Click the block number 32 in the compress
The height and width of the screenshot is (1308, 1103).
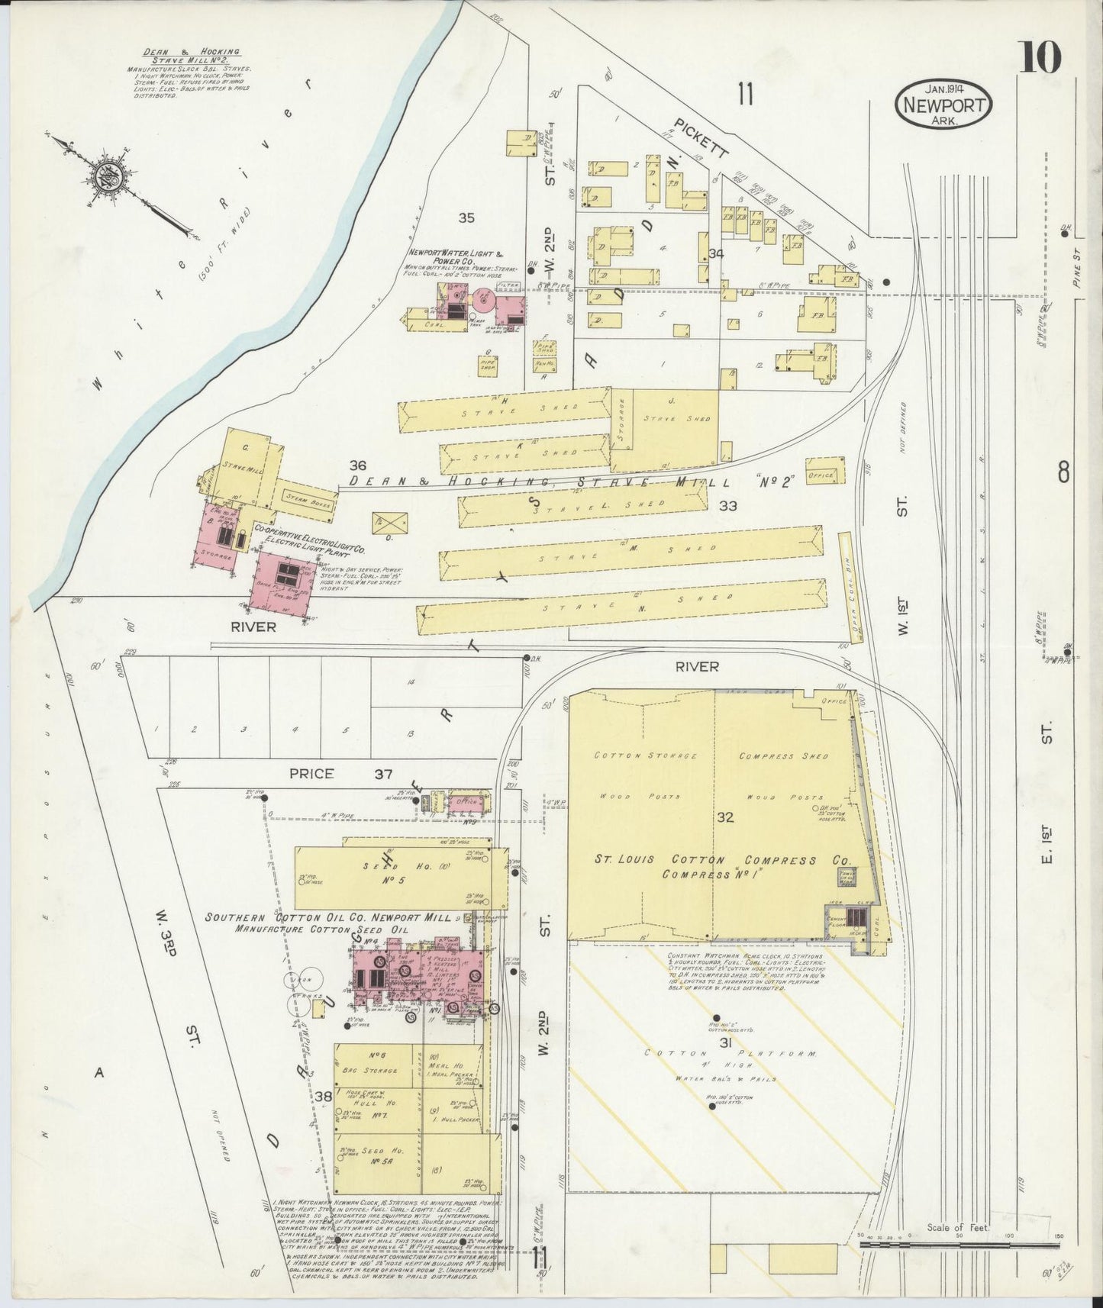(724, 818)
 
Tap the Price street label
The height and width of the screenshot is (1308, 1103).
(311, 773)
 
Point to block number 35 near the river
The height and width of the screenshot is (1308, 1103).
(466, 218)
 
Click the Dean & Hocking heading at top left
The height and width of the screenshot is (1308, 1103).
(191, 56)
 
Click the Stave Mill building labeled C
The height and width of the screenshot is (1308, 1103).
(246, 467)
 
